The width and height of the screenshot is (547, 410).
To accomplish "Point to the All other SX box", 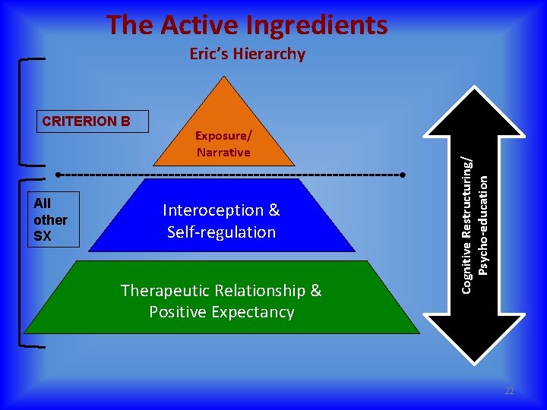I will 52,219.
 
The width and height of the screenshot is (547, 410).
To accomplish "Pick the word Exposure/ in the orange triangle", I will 223,135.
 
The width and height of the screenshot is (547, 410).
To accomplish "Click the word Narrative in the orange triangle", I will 223,152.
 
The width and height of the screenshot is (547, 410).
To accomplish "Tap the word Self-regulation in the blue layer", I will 221,232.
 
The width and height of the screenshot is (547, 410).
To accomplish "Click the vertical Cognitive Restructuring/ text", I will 469,217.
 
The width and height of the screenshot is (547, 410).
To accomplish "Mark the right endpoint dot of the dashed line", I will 403,175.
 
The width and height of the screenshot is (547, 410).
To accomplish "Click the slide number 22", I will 509,391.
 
